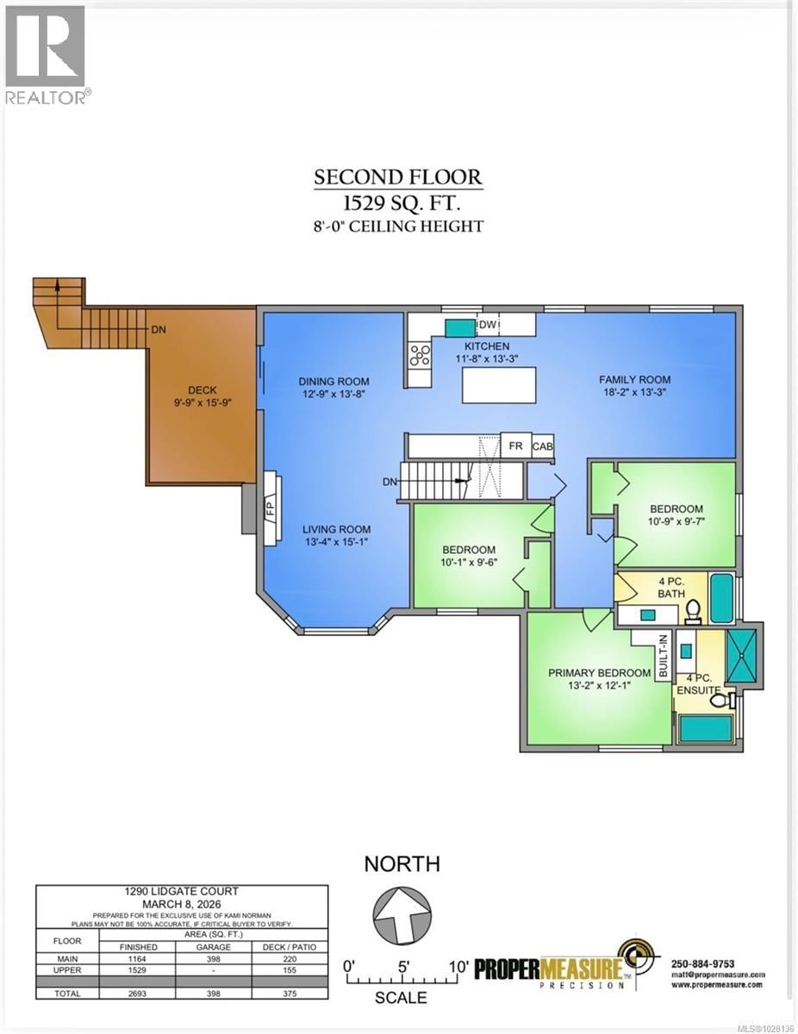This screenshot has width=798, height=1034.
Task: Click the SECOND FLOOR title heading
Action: click(x=398, y=178)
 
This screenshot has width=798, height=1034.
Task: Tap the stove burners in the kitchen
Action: click(x=420, y=355)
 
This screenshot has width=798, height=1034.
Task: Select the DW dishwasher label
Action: click(x=486, y=325)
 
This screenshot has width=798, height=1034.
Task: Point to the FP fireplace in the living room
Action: click(x=270, y=508)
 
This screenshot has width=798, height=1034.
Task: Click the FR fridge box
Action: click(x=515, y=445)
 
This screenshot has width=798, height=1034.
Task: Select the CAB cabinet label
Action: click(x=543, y=446)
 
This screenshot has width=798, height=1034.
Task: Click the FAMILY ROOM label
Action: click(x=635, y=379)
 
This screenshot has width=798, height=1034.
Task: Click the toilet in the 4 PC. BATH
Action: click(x=692, y=611)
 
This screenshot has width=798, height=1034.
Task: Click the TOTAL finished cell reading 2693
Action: click(x=138, y=994)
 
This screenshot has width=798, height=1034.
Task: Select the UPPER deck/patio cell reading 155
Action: click(x=286, y=969)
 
